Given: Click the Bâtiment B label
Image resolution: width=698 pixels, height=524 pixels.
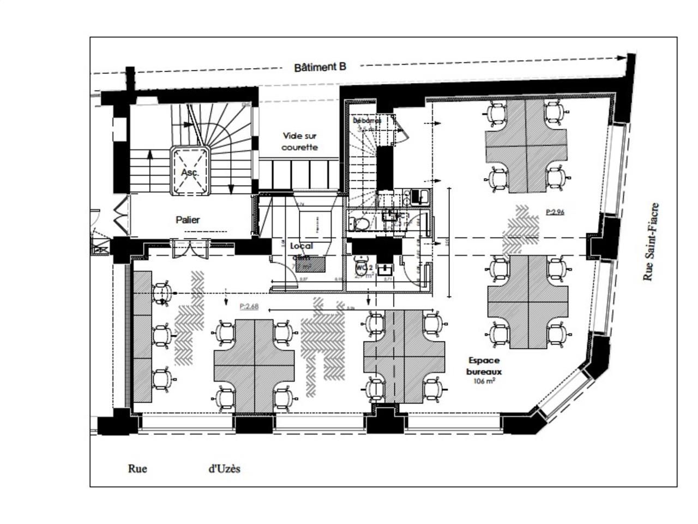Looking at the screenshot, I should [x=320, y=67].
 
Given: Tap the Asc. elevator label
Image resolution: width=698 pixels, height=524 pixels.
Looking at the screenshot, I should [x=190, y=172].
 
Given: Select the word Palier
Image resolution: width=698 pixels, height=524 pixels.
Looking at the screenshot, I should [x=188, y=219].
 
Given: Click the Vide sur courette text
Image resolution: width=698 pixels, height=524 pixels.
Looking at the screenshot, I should [x=299, y=141].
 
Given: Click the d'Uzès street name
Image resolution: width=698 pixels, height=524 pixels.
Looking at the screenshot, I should [x=224, y=468].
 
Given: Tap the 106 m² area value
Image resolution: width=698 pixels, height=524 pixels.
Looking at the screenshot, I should [x=484, y=382].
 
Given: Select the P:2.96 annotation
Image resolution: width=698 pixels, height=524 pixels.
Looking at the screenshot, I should [x=555, y=211].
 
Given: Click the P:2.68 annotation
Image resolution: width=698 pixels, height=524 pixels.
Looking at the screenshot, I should [x=249, y=307].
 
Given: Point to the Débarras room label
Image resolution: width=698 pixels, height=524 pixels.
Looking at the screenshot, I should [x=366, y=120].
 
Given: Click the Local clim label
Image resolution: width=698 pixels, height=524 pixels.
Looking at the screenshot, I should [x=301, y=252].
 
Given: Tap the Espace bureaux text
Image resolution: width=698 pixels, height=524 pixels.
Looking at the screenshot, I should [x=484, y=366].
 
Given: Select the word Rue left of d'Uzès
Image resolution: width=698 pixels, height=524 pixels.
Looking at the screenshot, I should [x=137, y=468].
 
